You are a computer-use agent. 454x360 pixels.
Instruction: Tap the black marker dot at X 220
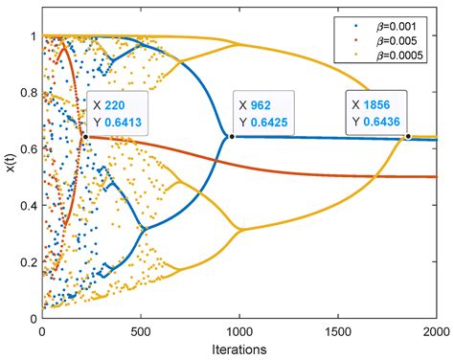(x=85, y=137)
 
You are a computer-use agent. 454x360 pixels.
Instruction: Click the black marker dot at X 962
(x=232, y=137)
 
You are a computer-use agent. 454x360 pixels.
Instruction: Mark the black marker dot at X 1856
(x=408, y=136)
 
